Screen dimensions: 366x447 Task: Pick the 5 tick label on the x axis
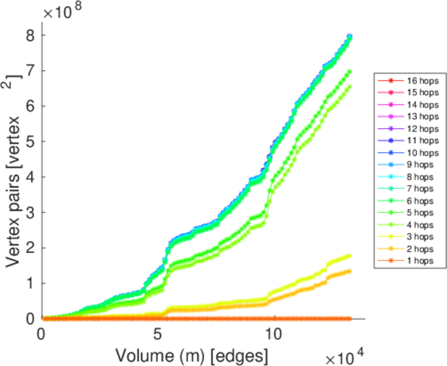coord(157,334)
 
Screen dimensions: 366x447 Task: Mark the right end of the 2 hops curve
coord(349,271)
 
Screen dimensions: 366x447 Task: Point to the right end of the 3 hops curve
coord(349,256)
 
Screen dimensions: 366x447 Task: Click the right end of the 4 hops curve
coord(349,86)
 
